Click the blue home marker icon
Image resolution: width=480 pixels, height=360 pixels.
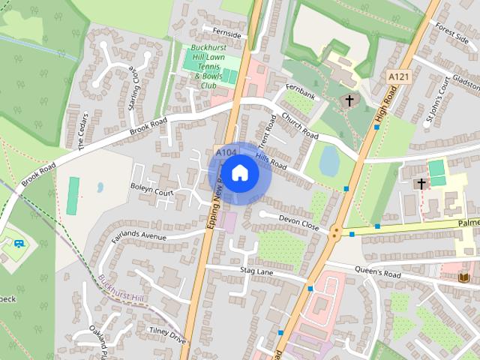point(239,173)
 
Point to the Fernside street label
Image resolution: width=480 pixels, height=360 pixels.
point(227,35)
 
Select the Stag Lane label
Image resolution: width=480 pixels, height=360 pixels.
point(257,270)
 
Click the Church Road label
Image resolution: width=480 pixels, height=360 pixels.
point(300,127)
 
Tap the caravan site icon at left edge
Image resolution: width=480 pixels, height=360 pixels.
point(19,244)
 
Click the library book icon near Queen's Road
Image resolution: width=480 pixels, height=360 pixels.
point(463,277)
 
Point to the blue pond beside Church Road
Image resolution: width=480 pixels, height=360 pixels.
point(329,159)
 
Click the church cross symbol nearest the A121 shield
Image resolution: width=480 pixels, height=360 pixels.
point(349,100)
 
